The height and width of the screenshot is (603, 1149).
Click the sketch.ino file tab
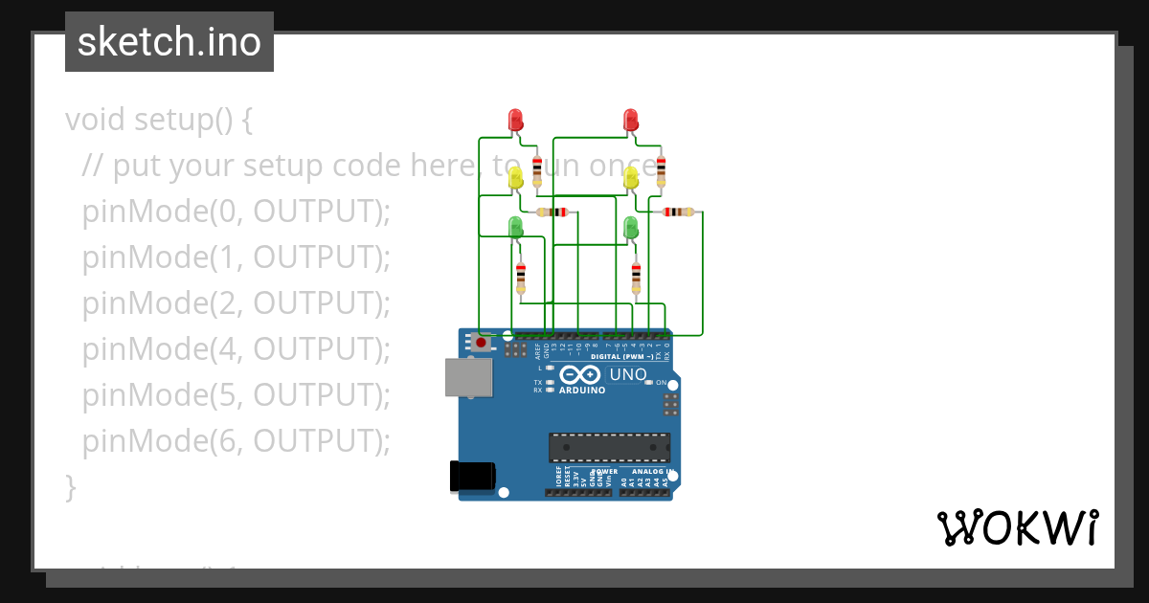(x=169, y=42)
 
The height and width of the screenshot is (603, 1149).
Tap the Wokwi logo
(x=1017, y=527)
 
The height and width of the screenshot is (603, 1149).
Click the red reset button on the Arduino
(x=481, y=342)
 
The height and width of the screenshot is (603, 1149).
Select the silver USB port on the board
(x=468, y=377)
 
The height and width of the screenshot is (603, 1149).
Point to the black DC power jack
(x=473, y=477)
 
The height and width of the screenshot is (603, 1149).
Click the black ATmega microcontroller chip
(x=609, y=447)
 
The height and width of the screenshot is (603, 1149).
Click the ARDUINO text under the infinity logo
(x=582, y=391)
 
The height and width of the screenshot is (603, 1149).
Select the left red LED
(x=515, y=120)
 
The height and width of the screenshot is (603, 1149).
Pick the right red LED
(x=630, y=120)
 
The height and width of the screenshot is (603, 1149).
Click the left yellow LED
(x=515, y=177)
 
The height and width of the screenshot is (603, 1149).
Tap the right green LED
(x=630, y=228)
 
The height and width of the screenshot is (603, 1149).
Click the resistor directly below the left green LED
(x=520, y=278)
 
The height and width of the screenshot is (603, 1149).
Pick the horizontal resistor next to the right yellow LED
(x=679, y=212)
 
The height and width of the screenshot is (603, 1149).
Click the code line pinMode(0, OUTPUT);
(x=237, y=212)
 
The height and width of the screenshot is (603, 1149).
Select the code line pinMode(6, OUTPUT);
(x=237, y=441)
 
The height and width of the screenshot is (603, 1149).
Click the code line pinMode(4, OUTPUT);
(x=237, y=349)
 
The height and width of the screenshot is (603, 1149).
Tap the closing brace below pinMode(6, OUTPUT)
(x=70, y=487)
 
